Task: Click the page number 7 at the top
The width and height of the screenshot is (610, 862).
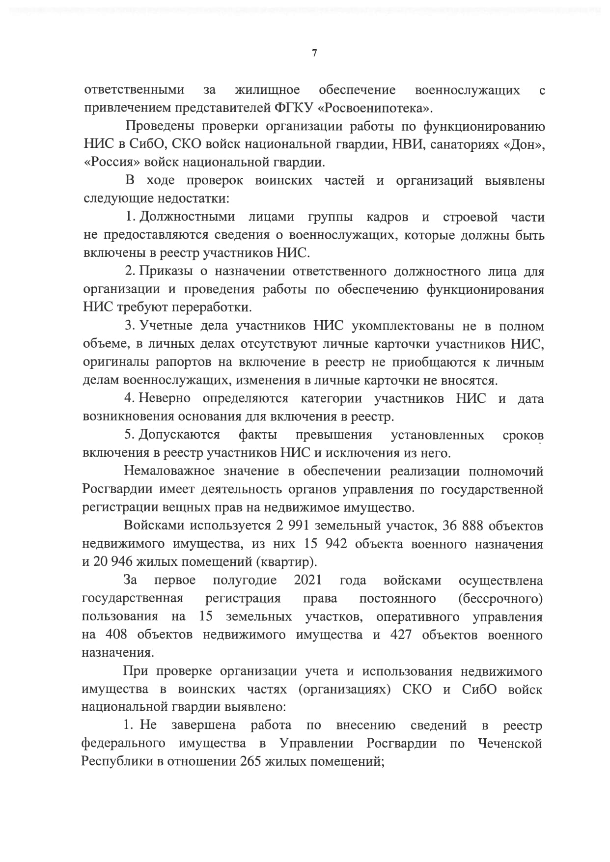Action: point(314,53)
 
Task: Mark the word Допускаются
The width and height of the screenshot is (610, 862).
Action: point(179,435)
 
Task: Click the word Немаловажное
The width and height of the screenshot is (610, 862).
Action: point(169,471)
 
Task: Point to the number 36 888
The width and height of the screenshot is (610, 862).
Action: point(463,526)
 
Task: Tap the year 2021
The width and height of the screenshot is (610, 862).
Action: point(307,580)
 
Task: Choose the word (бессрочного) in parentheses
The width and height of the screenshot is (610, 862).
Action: point(500,598)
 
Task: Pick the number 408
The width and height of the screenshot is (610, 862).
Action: point(116,635)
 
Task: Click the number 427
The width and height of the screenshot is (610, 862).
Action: point(401,635)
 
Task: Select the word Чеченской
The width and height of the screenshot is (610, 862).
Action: point(510,744)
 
